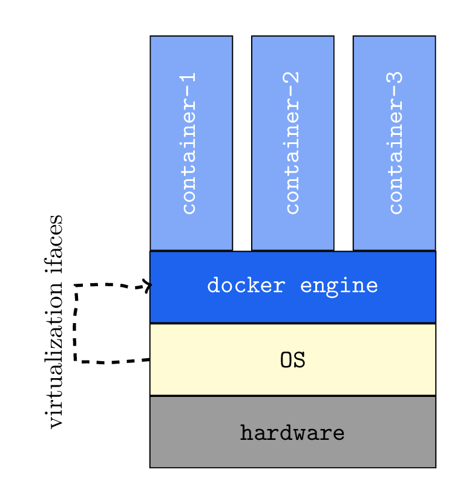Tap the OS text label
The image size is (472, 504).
pyautogui.click(x=292, y=360)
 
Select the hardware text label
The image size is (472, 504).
pyautogui.click(x=292, y=433)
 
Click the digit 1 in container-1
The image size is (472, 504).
pyautogui.click(x=189, y=79)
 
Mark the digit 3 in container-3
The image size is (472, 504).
pyautogui.click(x=395, y=79)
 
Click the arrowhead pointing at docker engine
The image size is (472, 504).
pyautogui.click(x=146, y=285)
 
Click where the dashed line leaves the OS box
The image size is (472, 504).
pyautogui.click(x=148, y=360)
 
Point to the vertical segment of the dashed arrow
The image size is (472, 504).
pyautogui.click(x=76, y=324)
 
